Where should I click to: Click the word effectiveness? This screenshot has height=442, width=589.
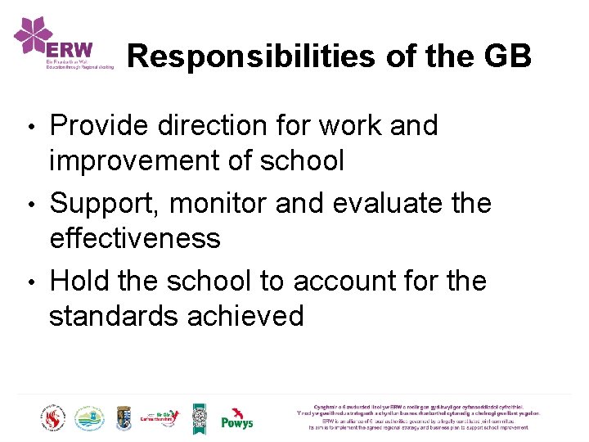135,237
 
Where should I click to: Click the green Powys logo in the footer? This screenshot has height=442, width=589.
237,418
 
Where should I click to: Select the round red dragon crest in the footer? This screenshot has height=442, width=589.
53,418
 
